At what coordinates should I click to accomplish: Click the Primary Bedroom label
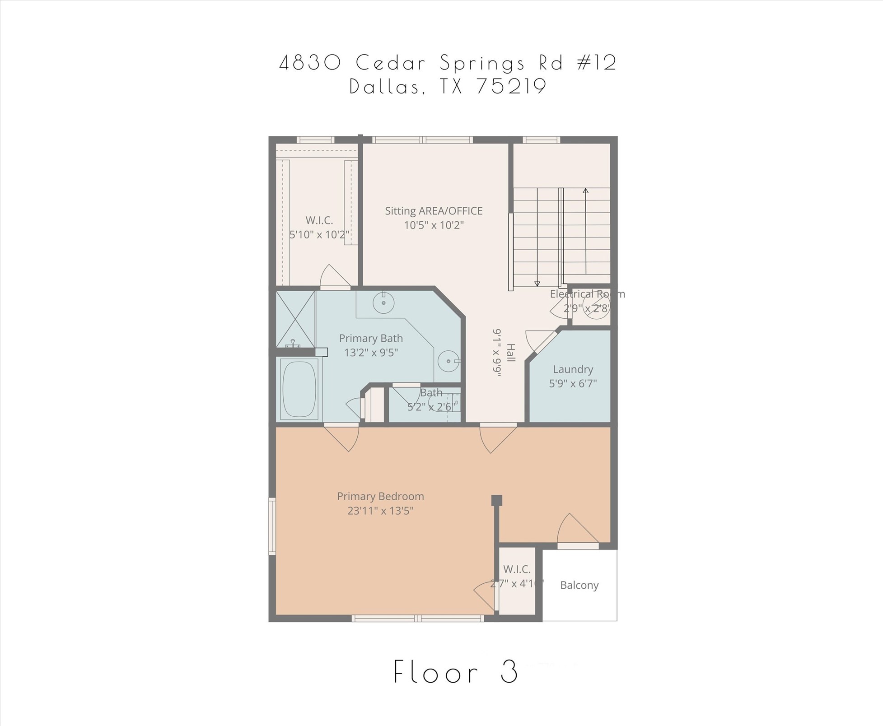(380, 496)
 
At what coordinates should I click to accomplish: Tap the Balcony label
(579, 585)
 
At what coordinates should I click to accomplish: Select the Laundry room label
(573, 369)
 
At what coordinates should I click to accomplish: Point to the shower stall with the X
(295, 319)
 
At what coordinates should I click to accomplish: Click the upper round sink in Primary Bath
(383, 302)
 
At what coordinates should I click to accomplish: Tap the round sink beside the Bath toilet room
(449, 361)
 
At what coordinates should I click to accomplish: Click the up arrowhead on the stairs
(585, 191)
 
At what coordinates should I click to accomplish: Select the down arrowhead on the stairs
(537, 284)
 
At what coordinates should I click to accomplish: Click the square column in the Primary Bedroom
(496, 500)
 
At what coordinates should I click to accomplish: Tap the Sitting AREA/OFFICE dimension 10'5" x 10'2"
(434, 225)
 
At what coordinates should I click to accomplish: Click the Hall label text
(510, 353)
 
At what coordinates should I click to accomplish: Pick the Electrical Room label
(587, 294)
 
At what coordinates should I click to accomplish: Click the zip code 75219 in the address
(511, 87)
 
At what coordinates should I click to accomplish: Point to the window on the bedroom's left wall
(272, 526)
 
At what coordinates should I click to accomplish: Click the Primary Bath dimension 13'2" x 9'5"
(371, 353)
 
